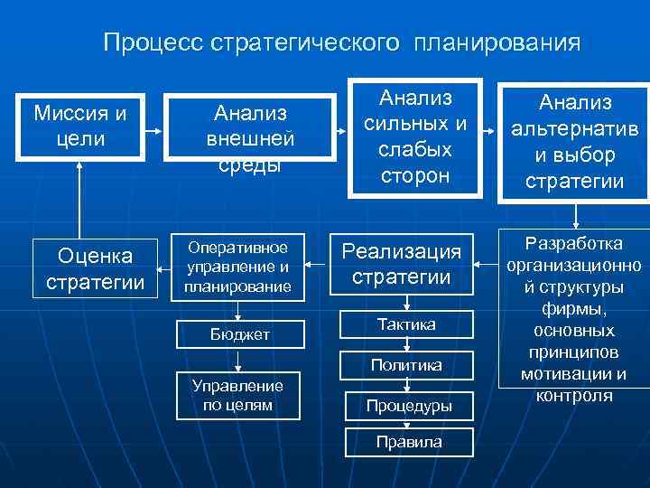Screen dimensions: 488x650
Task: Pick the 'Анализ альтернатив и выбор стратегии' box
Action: (x=574, y=142)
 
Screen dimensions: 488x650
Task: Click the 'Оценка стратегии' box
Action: (x=95, y=269)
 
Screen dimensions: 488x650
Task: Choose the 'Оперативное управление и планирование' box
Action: (x=239, y=267)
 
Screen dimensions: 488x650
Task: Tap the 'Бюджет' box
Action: (x=239, y=334)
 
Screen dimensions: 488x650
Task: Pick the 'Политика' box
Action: (x=405, y=365)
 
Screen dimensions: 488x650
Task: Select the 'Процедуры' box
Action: (x=409, y=406)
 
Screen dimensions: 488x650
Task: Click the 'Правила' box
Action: (x=409, y=442)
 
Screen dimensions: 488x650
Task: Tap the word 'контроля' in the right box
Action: (x=574, y=395)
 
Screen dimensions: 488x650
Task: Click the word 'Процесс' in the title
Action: (x=153, y=42)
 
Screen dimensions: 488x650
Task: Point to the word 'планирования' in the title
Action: (x=498, y=42)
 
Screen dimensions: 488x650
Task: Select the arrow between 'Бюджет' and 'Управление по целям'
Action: (x=239, y=361)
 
